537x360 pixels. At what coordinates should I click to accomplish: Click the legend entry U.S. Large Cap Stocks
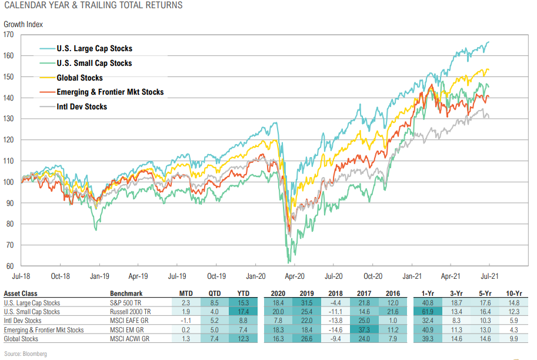[x=94, y=49]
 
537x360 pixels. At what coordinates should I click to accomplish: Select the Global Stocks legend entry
[x=79, y=78]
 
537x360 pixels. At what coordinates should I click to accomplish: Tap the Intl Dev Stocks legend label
[x=82, y=106]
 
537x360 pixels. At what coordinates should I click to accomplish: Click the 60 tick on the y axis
[x=10, y=266]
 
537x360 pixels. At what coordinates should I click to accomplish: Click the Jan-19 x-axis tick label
[x=99, y=275]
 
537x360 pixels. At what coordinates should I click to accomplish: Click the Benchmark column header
[x=126, y=293]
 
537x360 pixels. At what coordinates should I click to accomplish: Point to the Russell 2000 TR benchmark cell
[x=132, y=312]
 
